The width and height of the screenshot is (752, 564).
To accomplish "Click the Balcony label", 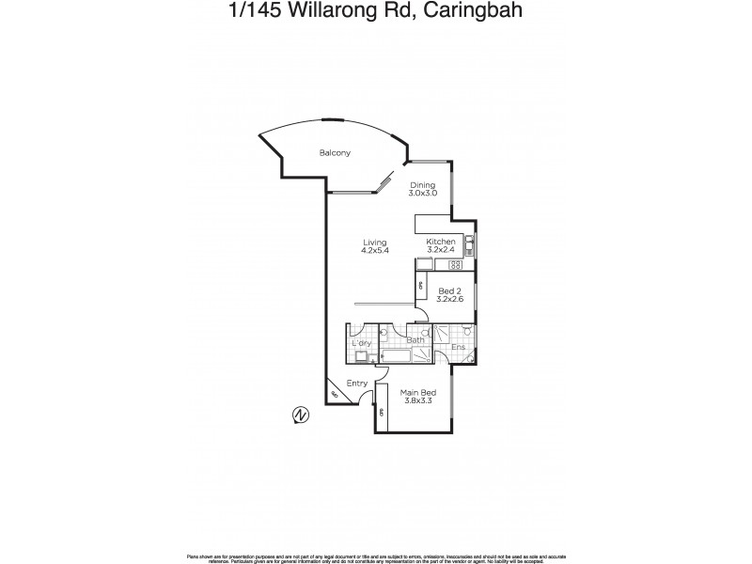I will (335, 153).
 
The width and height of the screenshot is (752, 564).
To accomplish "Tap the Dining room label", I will (422, 185).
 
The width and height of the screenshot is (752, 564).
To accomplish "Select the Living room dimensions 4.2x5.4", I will (375, 250).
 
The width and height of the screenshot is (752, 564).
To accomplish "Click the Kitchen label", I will (441, 242).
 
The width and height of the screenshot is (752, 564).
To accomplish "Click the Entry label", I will (357, 383).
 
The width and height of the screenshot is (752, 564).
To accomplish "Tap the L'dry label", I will (360, 343).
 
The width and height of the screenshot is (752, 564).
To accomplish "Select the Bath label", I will (415, 339).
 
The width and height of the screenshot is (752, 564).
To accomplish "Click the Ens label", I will (458, 348).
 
